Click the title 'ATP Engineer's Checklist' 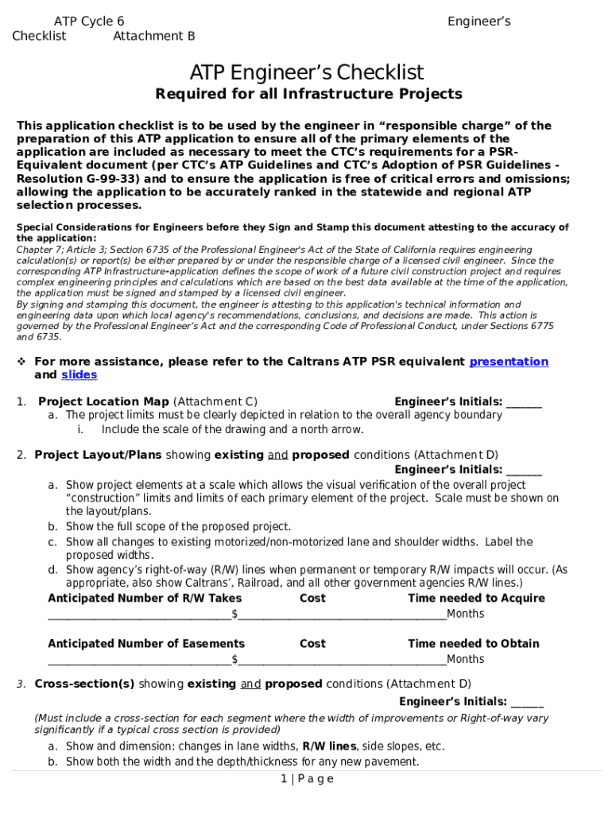coord(306,73)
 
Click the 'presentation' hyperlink coord(509,362)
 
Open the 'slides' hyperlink coord(79,375)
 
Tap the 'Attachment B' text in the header coord(154,36)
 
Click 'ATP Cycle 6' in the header coord(88,21)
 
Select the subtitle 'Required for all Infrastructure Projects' coord(308,95)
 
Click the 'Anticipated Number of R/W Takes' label coord(145,599)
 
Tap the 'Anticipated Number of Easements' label coord(146,644)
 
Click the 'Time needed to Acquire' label coord(476,599)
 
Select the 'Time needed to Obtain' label coord(473,644)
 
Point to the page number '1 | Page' coord(307,779)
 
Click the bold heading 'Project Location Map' coord(103,402)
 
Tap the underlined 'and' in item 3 coord(250,684)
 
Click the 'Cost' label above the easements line coord(312,644)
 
